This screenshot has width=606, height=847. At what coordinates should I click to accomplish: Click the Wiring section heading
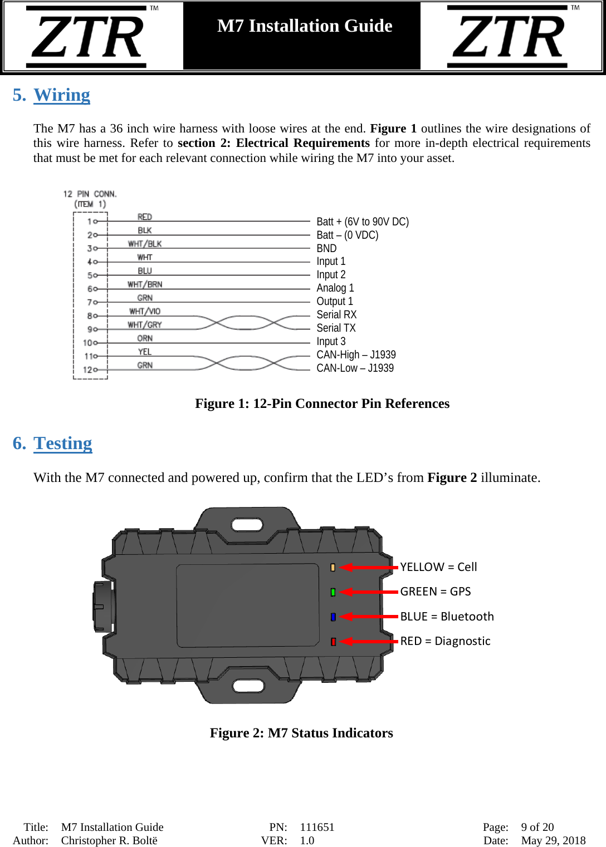(x=61, y=95)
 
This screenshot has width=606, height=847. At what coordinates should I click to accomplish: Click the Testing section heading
(x=62, y=444)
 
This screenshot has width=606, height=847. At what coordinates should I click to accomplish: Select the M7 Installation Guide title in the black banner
(x=305, y=26)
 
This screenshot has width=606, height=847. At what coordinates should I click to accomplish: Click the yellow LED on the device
(x=333, y=568)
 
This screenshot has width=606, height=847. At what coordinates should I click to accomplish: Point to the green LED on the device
(x=333, y=592)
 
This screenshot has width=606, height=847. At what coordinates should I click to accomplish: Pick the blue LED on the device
(x=333, y=617)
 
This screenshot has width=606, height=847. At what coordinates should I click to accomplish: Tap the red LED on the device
(x=333, y=642)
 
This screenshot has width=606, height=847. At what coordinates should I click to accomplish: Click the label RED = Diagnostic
(x=445, y=641)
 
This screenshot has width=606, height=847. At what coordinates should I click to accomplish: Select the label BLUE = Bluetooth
(x=447, y=617)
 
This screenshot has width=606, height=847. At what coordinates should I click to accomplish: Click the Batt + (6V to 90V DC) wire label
(x=363, y=221)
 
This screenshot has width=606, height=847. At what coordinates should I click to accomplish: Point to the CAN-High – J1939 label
(x=356, y=354)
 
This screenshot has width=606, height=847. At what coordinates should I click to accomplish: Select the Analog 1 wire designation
(x=335, y=288)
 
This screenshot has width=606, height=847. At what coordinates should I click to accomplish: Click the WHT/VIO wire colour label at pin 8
(x=145, y=311)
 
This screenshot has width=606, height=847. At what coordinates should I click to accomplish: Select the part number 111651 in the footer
(x=317, y=827)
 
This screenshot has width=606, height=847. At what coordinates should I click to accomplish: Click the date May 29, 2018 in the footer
(x=553, y=840)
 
